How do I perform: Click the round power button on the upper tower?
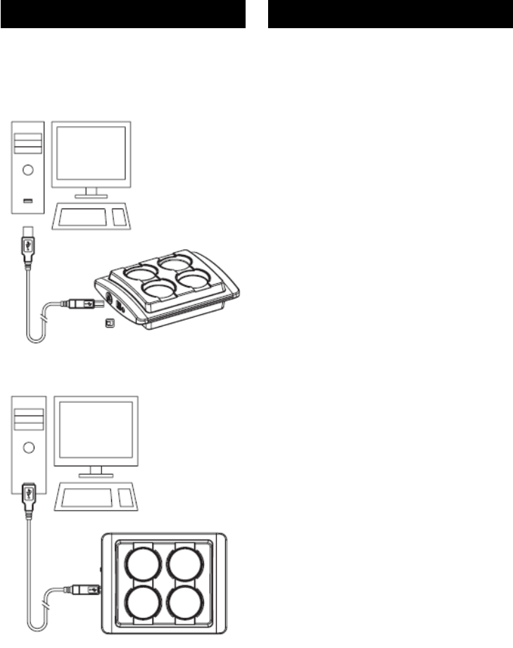(x=28, y=170)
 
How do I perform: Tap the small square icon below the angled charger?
(x=109, y=323)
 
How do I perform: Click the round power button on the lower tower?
(x=28, y=446)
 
